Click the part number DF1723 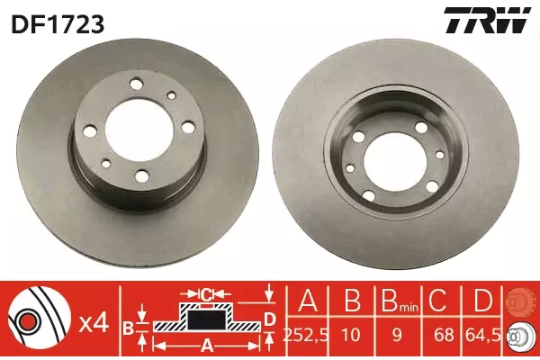coord(58,25)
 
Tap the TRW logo coord(487,21)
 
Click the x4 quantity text coord(94,324)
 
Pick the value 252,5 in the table coord(305,335)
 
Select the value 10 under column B coord(351,335)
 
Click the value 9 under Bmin coord(398,335)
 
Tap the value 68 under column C coord(443,335)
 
